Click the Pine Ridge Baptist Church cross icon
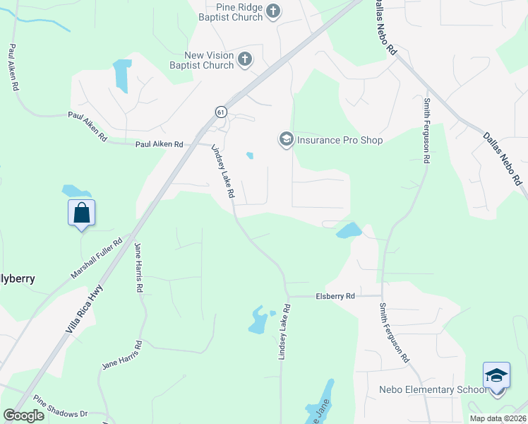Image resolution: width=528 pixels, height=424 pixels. point(274,11)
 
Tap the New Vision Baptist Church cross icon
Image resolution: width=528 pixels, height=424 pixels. point(245,59)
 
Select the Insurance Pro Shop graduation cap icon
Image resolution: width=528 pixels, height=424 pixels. point(286,139)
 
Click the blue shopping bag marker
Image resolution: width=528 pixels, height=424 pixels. point(81,213)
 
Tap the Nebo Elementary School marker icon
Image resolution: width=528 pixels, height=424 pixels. point(496,375)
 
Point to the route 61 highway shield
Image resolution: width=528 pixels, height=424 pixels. point(221,112)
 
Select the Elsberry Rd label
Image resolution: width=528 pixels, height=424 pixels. point(335,297)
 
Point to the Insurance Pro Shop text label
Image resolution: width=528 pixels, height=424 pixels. point(340,140)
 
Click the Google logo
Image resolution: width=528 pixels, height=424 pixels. point(23,416)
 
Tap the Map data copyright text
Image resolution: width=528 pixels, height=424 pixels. point(498,418)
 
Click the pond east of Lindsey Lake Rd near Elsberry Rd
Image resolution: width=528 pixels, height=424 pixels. point(349,230)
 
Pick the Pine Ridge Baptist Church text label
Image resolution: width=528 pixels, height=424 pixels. point(230,11)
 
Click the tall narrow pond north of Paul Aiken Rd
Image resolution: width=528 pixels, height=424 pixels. point(121,76)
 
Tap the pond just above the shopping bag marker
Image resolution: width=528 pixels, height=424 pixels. point(75,191)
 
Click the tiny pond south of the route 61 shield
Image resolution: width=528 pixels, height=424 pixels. point(249,155)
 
